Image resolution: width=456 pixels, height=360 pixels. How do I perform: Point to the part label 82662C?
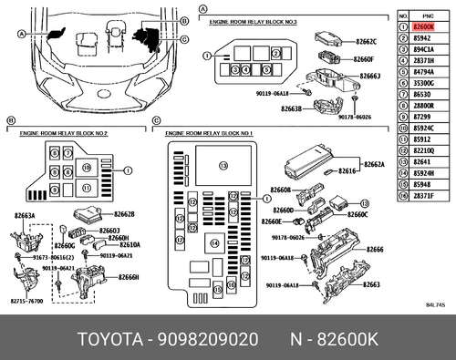coord(365,43)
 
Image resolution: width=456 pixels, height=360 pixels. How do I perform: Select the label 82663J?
coord(368,78)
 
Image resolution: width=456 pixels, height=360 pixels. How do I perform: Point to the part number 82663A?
coord(25,217)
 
